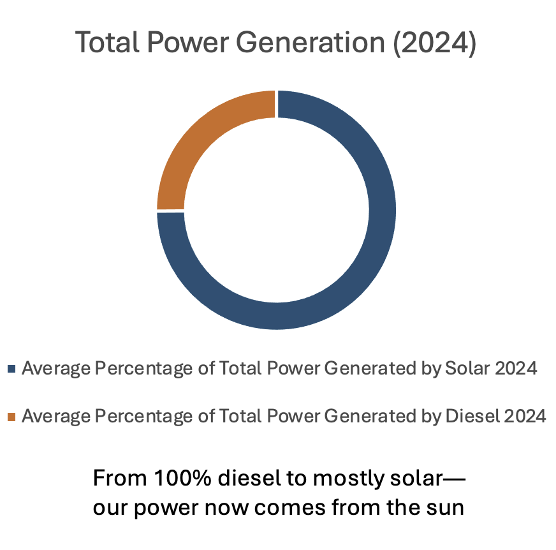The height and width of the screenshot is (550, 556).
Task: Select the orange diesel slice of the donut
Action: (191, 140)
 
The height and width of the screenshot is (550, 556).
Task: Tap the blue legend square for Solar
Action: (12, 369)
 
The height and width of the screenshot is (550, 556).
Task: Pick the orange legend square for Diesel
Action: (12, 417)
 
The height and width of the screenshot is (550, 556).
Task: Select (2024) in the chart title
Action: (434, 43)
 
